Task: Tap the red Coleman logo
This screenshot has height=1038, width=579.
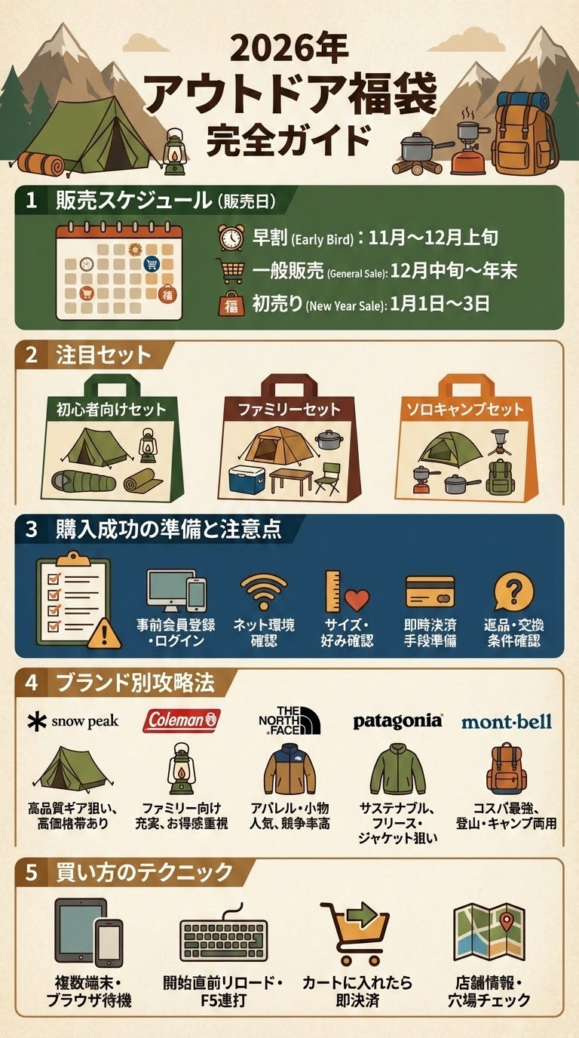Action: point(182,720)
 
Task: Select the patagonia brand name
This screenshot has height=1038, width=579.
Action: point(397,721)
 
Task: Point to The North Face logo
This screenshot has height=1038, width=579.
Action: point(289,720)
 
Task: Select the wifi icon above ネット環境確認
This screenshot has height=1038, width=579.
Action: point(263,591)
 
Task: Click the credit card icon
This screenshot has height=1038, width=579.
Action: point(430,591)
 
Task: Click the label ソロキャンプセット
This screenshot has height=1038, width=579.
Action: point(464,410)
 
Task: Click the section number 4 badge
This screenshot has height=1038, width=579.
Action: point(31,683)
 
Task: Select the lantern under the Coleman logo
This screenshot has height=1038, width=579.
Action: point(181,769)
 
